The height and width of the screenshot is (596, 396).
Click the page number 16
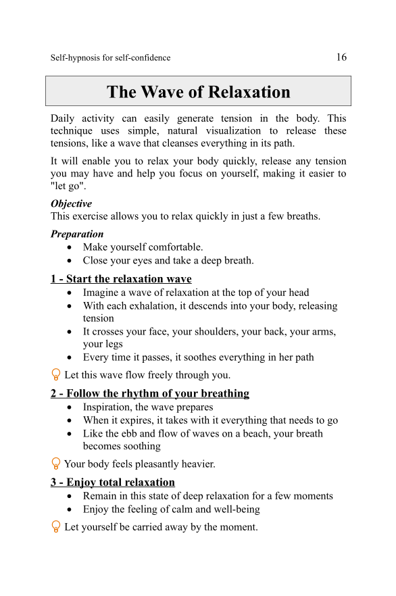pos(341,57)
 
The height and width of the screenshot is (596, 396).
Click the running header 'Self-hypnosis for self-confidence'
pos(110,58)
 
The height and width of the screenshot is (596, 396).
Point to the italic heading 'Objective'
pos(71,203)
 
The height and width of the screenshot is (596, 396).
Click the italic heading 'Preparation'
pos(77,234)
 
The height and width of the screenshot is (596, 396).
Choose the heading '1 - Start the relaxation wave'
pos(121,278)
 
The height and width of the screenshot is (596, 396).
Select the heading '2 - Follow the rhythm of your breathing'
pos(150,393)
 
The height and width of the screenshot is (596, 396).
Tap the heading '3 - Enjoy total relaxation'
pos(113,482)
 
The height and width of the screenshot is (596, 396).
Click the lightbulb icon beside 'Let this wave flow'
pos(56,374)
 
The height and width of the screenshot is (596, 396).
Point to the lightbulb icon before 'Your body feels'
pos(56,464)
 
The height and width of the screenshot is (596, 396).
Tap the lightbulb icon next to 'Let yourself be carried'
pos(56,526)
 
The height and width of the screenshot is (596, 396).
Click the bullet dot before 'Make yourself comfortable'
pos(71,247)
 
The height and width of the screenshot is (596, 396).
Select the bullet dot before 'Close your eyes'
pos(71,261)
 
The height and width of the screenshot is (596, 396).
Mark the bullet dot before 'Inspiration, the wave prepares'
pos(71,407)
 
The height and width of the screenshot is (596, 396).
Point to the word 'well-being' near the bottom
pos(236,509)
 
